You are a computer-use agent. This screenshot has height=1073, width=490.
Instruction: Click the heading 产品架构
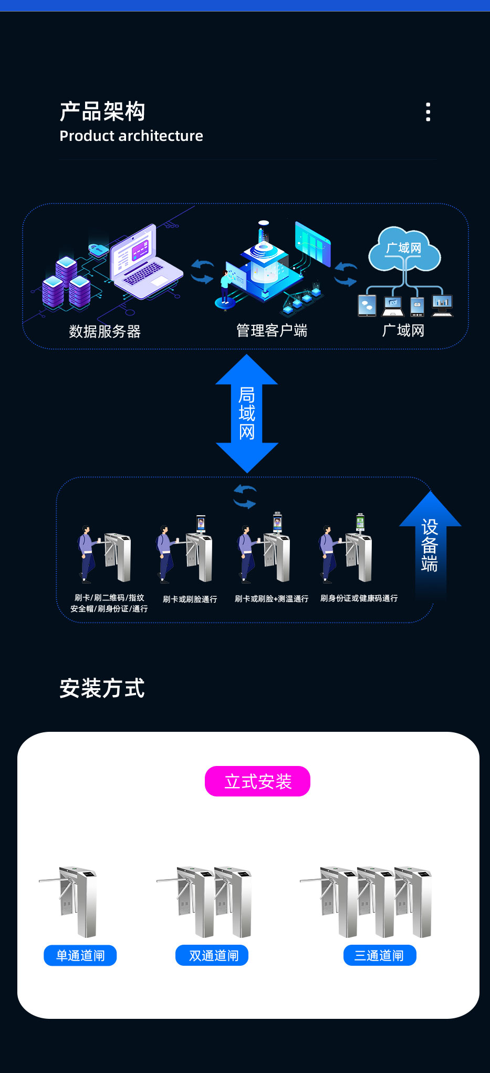coord(102,111)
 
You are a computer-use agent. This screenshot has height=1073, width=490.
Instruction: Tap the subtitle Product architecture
coord(131,136)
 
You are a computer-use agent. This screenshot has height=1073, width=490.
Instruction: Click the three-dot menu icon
coord(428,112)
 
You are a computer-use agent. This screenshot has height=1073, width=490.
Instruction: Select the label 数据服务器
coord(105,332)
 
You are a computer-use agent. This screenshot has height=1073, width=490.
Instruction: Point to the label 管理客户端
coord(272,331)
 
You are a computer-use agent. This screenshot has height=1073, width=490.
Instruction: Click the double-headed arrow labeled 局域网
coord(247,413)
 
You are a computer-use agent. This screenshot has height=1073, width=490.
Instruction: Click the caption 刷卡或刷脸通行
coord(190,599)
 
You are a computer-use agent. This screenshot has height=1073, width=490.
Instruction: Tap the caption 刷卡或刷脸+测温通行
coord(271,599)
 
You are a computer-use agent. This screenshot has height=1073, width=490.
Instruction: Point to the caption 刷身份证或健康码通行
coord(359,598)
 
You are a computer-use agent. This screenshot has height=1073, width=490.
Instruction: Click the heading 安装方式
coord(102,688)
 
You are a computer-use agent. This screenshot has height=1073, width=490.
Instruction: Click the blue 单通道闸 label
coord(80,955)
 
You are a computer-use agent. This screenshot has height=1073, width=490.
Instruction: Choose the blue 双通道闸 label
coord(212,955)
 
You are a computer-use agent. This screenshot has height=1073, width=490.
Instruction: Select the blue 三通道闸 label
coord(379,955)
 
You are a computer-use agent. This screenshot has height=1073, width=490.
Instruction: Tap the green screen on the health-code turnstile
coord(360,522)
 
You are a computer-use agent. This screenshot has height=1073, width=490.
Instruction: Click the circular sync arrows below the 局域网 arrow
coord(245,497)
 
